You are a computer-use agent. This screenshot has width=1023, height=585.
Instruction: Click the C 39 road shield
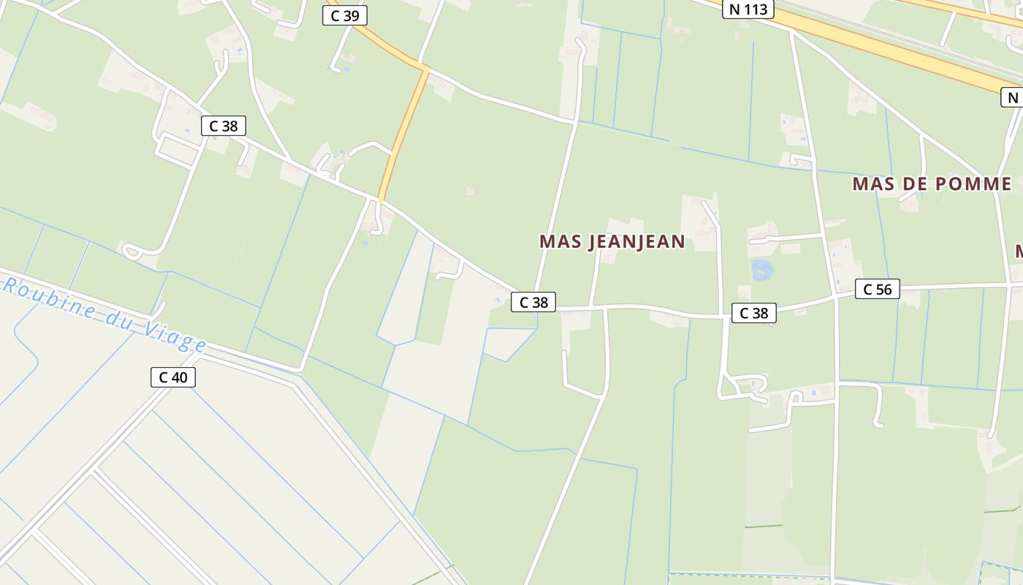pos(345,15)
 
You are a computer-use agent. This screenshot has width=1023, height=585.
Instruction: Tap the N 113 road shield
pos(748,9)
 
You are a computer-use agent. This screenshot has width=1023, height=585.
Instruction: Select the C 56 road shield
pos(877,289)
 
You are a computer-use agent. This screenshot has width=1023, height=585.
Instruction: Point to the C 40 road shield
pos(172,377)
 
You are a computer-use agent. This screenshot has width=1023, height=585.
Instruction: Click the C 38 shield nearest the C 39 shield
pos(223,126)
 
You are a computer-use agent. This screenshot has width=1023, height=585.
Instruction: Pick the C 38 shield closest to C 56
pos(753,313)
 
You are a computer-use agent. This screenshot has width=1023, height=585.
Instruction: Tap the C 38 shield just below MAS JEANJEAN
pos(533,301)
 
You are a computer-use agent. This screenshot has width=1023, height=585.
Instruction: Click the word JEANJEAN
pos(636,241)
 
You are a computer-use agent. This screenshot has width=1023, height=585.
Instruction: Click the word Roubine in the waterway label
pos(50,298)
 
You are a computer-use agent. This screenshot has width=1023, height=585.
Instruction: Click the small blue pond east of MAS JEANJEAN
pos(762,270)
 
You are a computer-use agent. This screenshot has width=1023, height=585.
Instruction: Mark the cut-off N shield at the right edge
pos(1013,97)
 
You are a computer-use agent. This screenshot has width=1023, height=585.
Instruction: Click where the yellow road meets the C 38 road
pos(380,199)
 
